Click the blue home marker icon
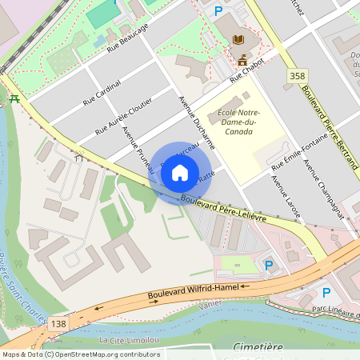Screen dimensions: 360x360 [x=180, y=173]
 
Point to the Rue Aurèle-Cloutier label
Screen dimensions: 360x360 [x=123, y=115]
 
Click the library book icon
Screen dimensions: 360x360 [x=239, y=39]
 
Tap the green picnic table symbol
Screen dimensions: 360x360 [x=14, y=98]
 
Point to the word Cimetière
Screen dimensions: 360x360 [x=258, y=346]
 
